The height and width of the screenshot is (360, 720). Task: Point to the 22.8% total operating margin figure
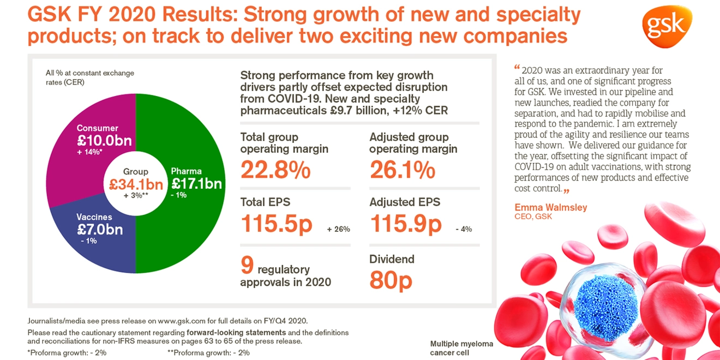point(275,170)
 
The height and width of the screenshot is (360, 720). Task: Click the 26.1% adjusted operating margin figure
point(403,170)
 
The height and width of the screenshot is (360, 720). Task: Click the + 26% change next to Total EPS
point(338,229)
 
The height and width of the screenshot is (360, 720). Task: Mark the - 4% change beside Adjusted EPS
point(464,229)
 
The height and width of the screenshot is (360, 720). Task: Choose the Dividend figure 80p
point(391,280)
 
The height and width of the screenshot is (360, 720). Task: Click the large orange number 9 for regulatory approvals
point(247,265)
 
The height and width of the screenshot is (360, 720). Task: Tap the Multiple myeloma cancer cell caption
point(461,348)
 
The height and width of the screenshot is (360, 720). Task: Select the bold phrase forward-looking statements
point(236,332)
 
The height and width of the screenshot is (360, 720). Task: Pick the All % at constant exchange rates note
point(90,77)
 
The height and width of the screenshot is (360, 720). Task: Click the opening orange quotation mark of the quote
point(517,69)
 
